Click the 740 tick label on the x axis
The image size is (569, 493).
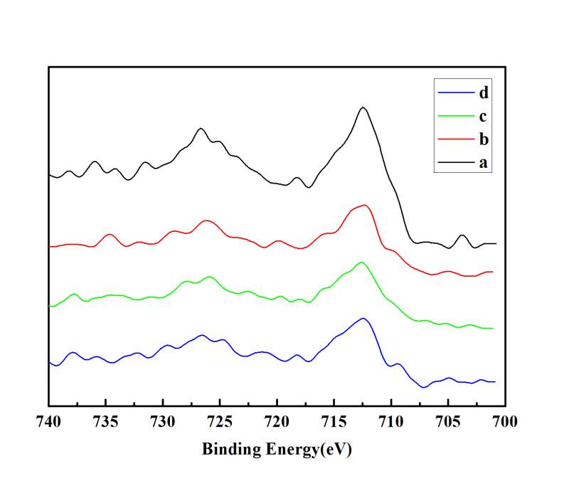(48, 421)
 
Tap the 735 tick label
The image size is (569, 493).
(106, 421)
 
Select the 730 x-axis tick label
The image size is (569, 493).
(163, 421)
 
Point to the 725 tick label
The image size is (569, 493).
(220, 421)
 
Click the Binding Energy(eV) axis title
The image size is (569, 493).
(277, 450)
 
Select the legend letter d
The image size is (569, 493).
(484, 92)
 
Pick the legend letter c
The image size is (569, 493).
(483, 116)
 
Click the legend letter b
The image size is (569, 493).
(484, 139)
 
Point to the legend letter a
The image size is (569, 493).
(483, 162)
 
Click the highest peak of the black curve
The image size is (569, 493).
(363, 107)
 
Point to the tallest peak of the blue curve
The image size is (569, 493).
(363, 318)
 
